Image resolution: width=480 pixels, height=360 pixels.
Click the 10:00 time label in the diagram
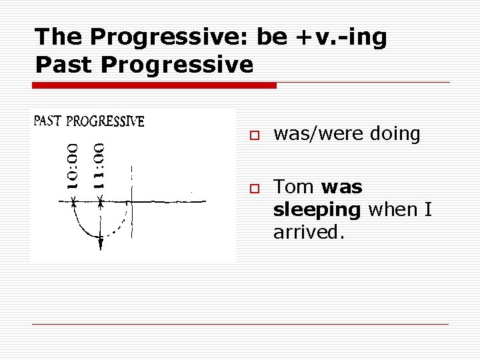pyautogui.click(x=73, y=165)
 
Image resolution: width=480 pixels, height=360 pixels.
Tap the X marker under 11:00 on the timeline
pyautogui.click(x=100, y=201)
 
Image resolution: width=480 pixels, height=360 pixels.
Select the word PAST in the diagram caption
pyautogui.click(x=48, y=121)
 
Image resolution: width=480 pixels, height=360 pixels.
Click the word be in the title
pyautogui.click(x=271, y=37)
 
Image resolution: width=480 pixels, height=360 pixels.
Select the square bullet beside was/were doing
pyautogui.click(x=254, y=135)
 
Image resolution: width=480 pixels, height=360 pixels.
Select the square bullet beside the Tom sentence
pyautogui.click(x=254, y=189)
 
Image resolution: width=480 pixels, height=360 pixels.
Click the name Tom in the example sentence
pyautogui.click(x=294, y=187)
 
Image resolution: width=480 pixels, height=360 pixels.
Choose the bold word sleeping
pyautogui.click(x=317, y=210)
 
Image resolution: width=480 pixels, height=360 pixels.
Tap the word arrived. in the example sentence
pyautogui.click(x=309, y=233)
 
